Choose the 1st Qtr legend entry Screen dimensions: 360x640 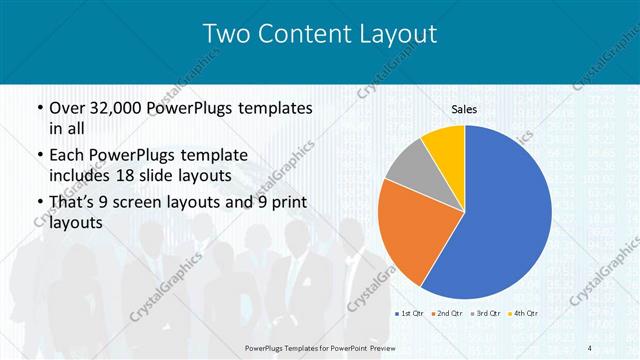click(x=410, y=314)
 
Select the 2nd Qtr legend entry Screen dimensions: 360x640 click(x=446, y=314)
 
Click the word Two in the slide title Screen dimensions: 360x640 click(x=227, y=34)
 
